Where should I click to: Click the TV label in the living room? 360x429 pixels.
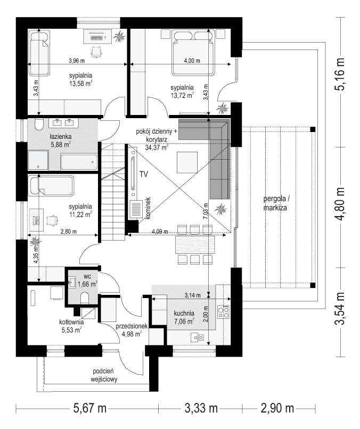[143, 174]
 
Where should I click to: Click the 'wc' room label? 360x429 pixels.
[87, 276]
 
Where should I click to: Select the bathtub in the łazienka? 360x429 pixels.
[78, 160]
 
